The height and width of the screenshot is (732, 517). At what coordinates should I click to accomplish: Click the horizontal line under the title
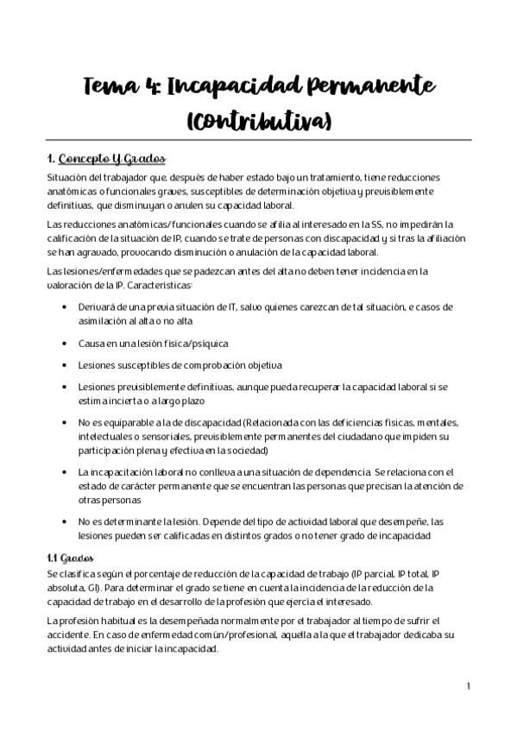259,138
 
